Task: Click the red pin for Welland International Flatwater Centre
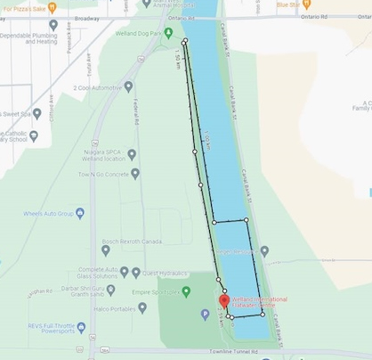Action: tap(223, 302)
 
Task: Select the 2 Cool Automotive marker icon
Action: tap(128, 87)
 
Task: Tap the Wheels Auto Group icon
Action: tap(80, 214)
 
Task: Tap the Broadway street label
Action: tap(86, 18)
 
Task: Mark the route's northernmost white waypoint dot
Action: tap(184, 42)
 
